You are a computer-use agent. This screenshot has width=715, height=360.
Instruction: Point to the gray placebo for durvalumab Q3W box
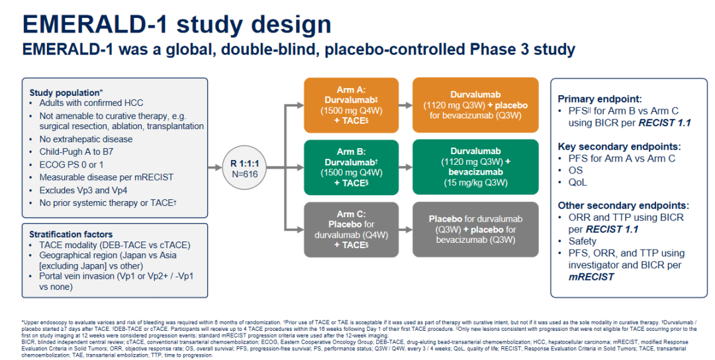coord(472,230)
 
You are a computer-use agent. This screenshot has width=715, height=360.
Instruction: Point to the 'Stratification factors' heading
coord(71,234)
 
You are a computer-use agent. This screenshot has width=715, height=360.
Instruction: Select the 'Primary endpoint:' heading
coord(600,99)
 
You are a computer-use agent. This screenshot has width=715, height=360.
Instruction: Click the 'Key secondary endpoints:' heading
coord(619,146)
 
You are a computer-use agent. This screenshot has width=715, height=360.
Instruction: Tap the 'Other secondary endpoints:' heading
coord(623,205)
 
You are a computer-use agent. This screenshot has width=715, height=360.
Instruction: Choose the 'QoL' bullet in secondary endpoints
coord(577,182)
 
